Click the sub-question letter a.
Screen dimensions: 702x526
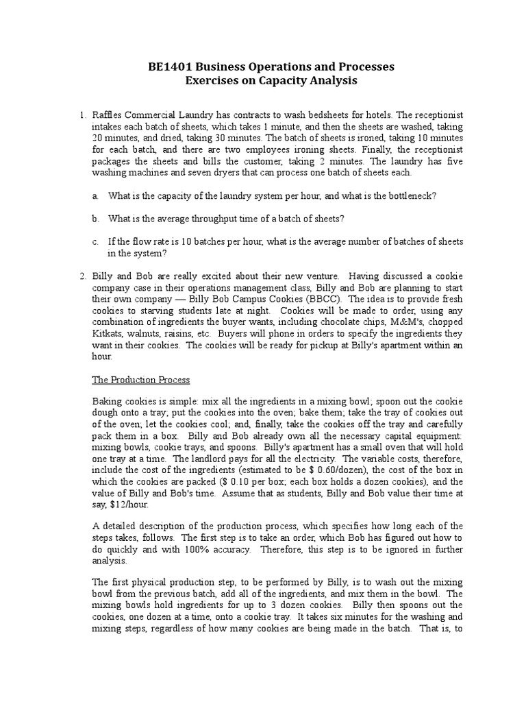[95, 196]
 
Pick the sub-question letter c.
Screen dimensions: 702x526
[95, 241]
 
